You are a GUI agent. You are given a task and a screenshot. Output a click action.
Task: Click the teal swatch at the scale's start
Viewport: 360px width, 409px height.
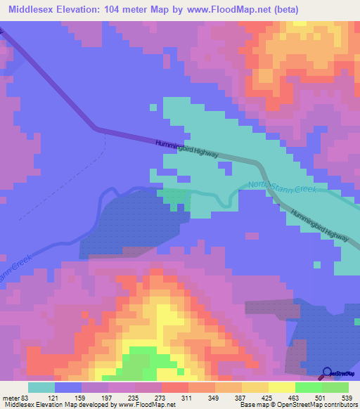(x=41, y=387)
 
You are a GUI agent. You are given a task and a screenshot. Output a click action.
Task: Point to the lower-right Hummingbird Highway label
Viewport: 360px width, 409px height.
(x=320, y=227)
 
